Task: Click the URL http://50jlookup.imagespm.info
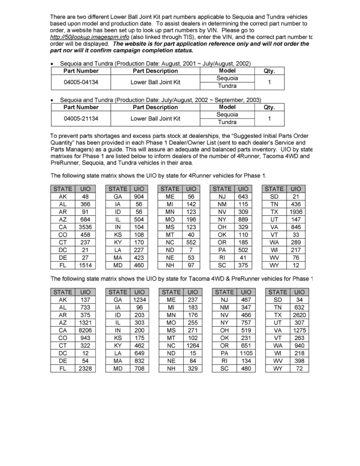point(90,37)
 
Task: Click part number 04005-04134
point(81,82)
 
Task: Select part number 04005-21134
point(81,118)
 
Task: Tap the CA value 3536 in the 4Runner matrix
point(85,227)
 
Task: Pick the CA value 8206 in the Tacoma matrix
point(85,330)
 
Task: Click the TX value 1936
point(296,212)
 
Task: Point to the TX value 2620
point(299,315)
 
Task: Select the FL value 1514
point(85,266)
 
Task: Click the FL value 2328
point(85,369)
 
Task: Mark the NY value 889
point(243,219)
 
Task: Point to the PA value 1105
point(246,353)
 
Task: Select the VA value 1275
point(299,330)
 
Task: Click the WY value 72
point(299,369)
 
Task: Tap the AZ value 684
point(85,219)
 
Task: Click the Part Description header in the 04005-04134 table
point(155,71)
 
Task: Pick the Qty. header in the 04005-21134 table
point(270,107)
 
